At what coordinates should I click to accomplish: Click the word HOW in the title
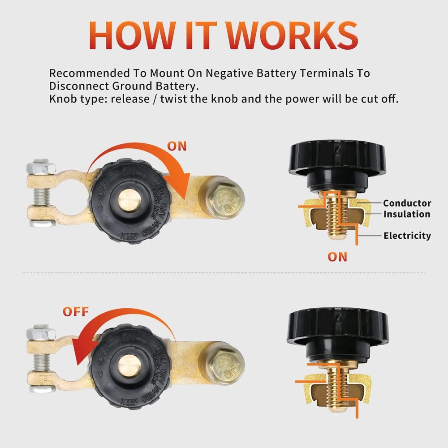coord(122,35)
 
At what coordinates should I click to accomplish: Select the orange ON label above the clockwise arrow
coord(177,146)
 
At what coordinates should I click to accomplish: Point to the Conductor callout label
coord(407,203)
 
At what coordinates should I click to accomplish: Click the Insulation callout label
coord(406,214)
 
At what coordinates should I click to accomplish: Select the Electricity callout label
coord(407,236)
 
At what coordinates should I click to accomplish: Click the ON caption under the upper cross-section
coord(337,257)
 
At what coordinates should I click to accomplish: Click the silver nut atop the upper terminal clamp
coord(42,167)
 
